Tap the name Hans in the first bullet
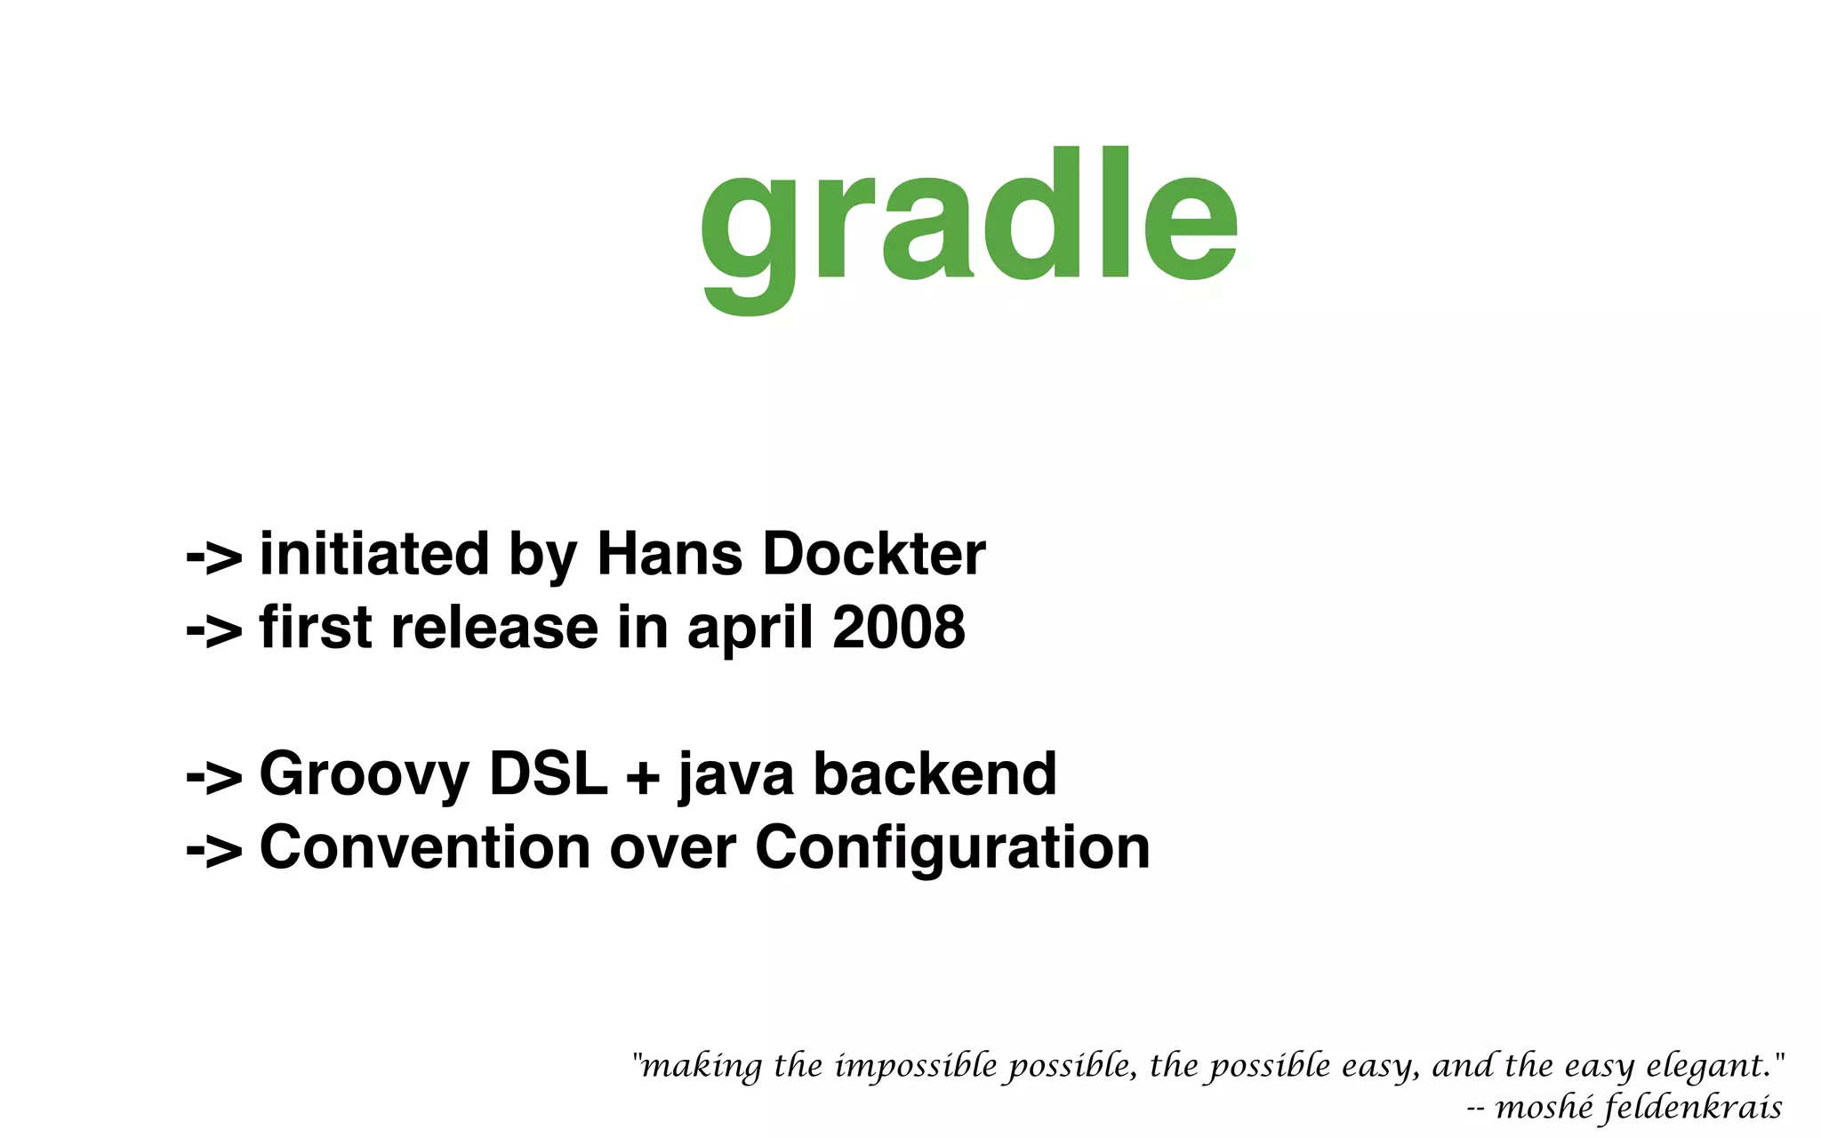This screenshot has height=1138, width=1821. tap(669, 555)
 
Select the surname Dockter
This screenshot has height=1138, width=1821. tap(873, 555)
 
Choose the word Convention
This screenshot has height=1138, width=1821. tap(425, 847)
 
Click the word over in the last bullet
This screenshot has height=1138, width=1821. tap(672, 849)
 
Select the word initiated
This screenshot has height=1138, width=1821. tap(373, 555)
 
